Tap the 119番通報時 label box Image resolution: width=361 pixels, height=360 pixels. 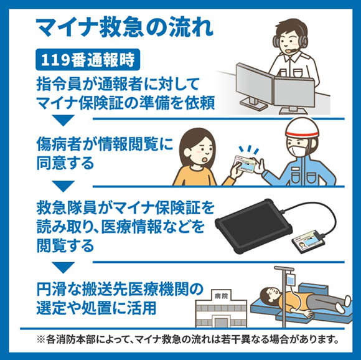coord(87,60)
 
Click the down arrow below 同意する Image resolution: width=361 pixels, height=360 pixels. coord(63,186)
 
